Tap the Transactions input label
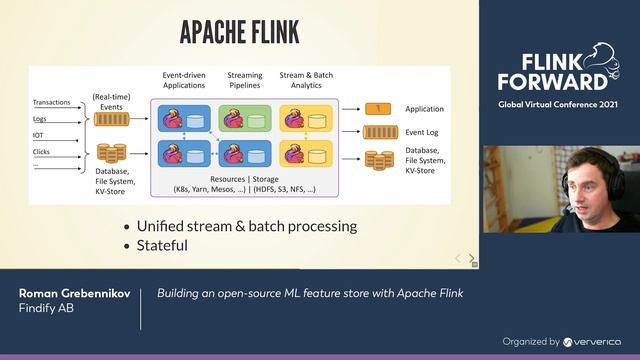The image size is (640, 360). pos(51,103)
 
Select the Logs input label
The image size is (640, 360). pos(41,119)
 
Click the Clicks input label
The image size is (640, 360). pos(42,151)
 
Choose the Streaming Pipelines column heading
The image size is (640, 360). pos(245,81)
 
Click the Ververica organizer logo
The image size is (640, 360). pos(591,341)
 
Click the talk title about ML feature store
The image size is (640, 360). pos(310,294)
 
